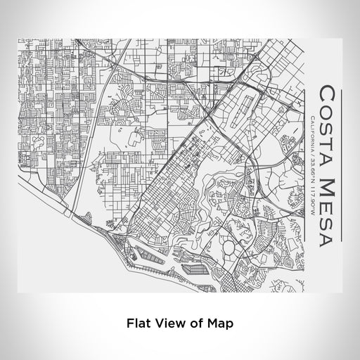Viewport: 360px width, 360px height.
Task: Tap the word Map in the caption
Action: pos(221,324)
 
